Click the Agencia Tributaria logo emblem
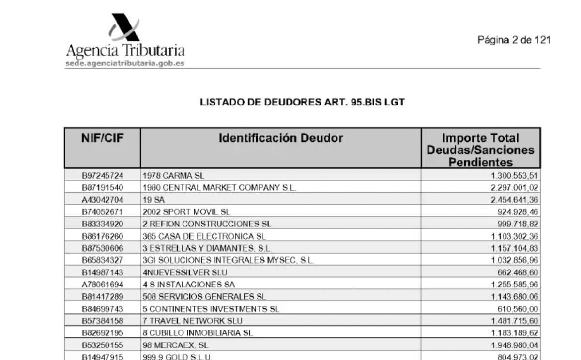click(x=124, y=27)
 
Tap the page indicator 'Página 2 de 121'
click(x=514, y=40)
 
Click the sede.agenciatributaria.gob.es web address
click(x=125, y=64)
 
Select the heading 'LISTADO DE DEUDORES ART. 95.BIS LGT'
click(x=302, y=103)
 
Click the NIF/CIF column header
click(x=102, y=138)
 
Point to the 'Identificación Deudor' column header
click(x=281, y=138)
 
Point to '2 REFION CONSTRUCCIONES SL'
click(x=207, y=224)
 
